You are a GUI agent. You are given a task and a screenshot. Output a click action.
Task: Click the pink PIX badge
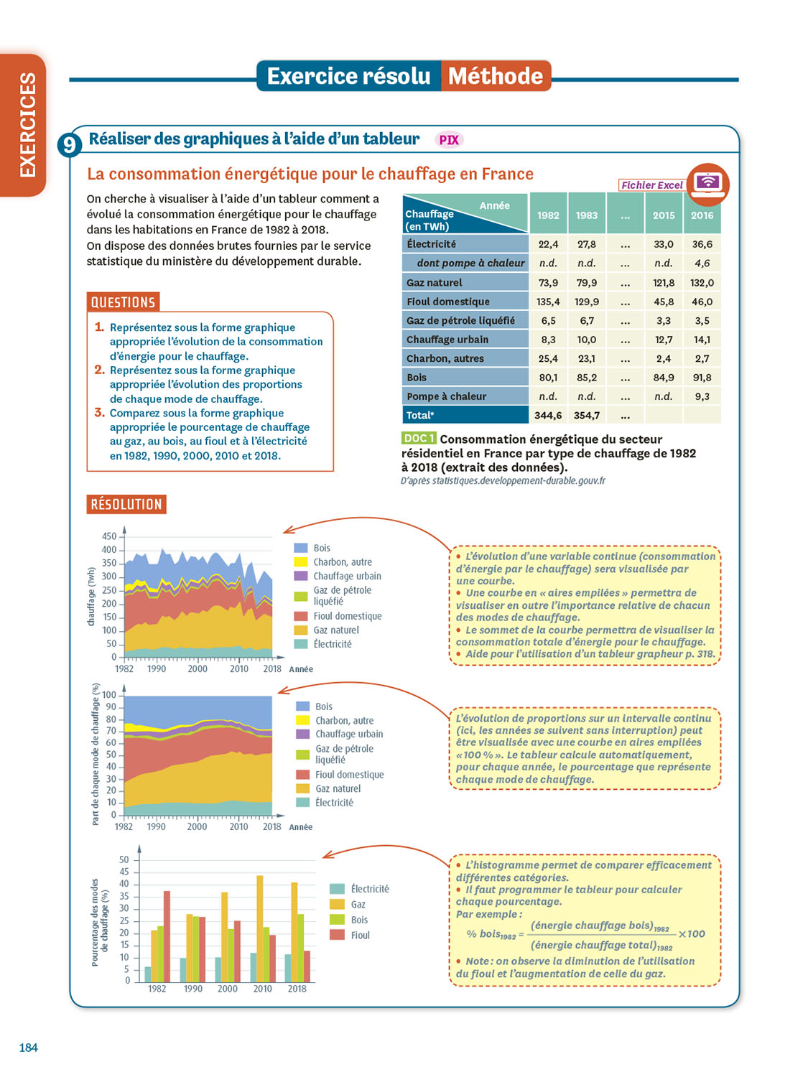click(x=449, y=140)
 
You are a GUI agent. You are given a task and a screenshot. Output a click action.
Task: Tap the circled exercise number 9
click(x=69, y=145)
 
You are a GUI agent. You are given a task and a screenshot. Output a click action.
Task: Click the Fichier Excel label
click(x=651, y=185)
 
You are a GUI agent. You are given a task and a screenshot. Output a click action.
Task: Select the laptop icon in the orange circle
click(x=707, y=184)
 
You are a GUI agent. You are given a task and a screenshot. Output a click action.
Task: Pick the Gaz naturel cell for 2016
click(x=702, y=283)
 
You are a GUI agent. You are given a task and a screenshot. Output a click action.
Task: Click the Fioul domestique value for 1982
click(x=548, y=302)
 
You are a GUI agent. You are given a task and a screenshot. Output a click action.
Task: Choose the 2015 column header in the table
click(x=664, y=215)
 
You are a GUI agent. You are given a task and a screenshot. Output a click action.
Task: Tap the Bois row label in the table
click(x=417, y=378)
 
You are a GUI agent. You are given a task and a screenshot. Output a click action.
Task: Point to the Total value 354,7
click(x=586, y=415)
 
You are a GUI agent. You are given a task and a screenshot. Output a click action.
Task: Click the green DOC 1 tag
click(x=418, y=438)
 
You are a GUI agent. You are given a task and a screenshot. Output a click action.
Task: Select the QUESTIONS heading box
click(x=123, y=302)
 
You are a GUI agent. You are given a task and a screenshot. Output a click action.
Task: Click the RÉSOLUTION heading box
click(x=126, y=505)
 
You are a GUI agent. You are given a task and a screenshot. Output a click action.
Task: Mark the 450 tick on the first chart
click(x=109, y=536)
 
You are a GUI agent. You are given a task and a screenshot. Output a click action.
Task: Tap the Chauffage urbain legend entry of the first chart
click(x=347, y=576)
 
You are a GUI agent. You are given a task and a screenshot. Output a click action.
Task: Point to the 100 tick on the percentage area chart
click(x=109, y=695)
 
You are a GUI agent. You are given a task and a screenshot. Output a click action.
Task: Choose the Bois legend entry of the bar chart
click(x=358, y=920)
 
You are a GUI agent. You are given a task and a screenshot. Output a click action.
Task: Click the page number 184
click(x=29, y=1048)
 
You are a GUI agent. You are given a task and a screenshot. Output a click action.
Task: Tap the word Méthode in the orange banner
click(x=496, y=76)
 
